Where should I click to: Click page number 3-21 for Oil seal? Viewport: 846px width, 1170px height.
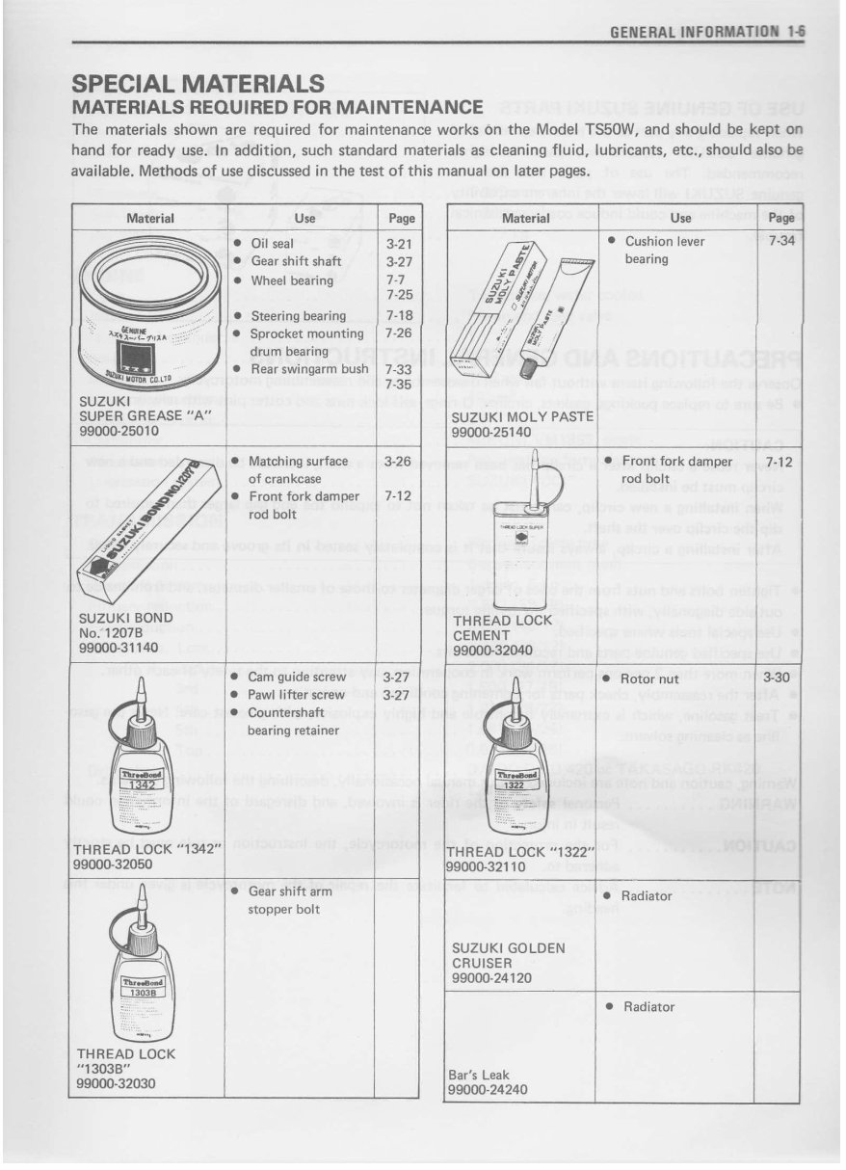click(398, 245)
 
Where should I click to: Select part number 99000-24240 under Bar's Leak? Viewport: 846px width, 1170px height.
click(489, 1090)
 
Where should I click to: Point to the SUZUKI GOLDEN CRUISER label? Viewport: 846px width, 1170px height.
click(508, 955)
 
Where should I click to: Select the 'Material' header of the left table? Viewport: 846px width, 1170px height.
click(150, 219)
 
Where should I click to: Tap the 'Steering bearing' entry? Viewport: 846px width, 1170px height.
click(298, 316)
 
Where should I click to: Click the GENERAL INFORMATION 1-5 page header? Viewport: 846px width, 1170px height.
click(707, 31)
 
